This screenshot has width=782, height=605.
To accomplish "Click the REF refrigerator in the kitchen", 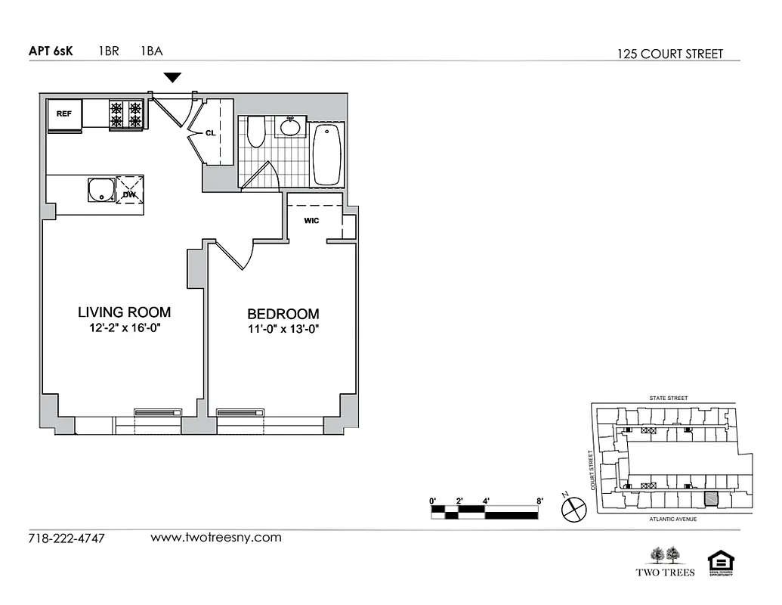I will (64, 114).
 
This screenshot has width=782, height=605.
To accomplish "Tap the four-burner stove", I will (125, 113).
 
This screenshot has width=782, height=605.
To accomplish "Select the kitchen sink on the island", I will (101, 191).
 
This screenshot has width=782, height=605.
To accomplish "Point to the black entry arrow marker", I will (173, 77).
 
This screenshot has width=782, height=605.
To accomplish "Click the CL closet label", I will (211, 132).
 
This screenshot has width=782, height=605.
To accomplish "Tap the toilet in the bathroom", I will (255, 132).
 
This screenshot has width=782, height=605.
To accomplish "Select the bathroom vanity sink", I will (290, 126).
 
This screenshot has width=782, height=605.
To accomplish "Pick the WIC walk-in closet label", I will (311, 221).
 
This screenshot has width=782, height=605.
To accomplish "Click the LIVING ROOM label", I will (125, 312).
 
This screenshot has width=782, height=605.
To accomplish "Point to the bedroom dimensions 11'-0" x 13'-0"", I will (283, 329).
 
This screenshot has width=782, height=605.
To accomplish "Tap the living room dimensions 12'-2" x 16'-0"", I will (125, 328).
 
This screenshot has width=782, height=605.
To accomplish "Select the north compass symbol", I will (573, 509).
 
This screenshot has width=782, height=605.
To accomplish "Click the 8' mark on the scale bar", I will (539, 501).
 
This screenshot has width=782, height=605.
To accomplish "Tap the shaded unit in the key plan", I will (710, 499).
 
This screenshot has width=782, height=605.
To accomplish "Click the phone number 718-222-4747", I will (66, 538).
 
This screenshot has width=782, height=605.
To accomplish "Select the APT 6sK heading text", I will (51, 52).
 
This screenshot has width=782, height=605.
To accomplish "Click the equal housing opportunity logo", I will (719, 563).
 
